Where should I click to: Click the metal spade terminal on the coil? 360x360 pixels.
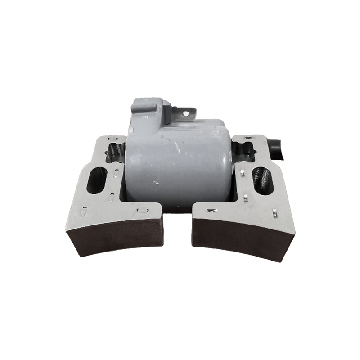(x=185, y=112)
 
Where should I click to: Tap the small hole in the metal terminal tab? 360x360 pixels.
(x=186, y=113)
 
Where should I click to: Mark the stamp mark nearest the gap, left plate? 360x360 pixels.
(x=141, y=210)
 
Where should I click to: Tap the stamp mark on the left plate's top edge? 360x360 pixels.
(x=112, y=139)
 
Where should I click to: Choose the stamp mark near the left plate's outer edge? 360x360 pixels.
(x=84, y=210)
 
